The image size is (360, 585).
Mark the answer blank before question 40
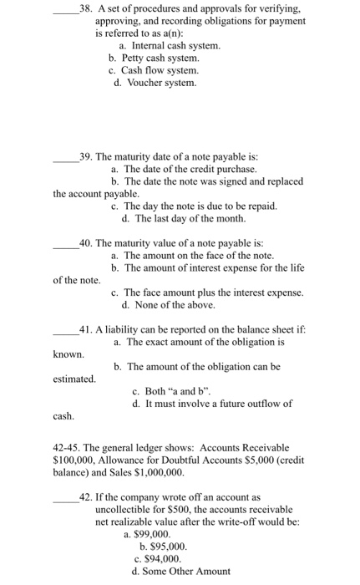click(64, 243)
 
